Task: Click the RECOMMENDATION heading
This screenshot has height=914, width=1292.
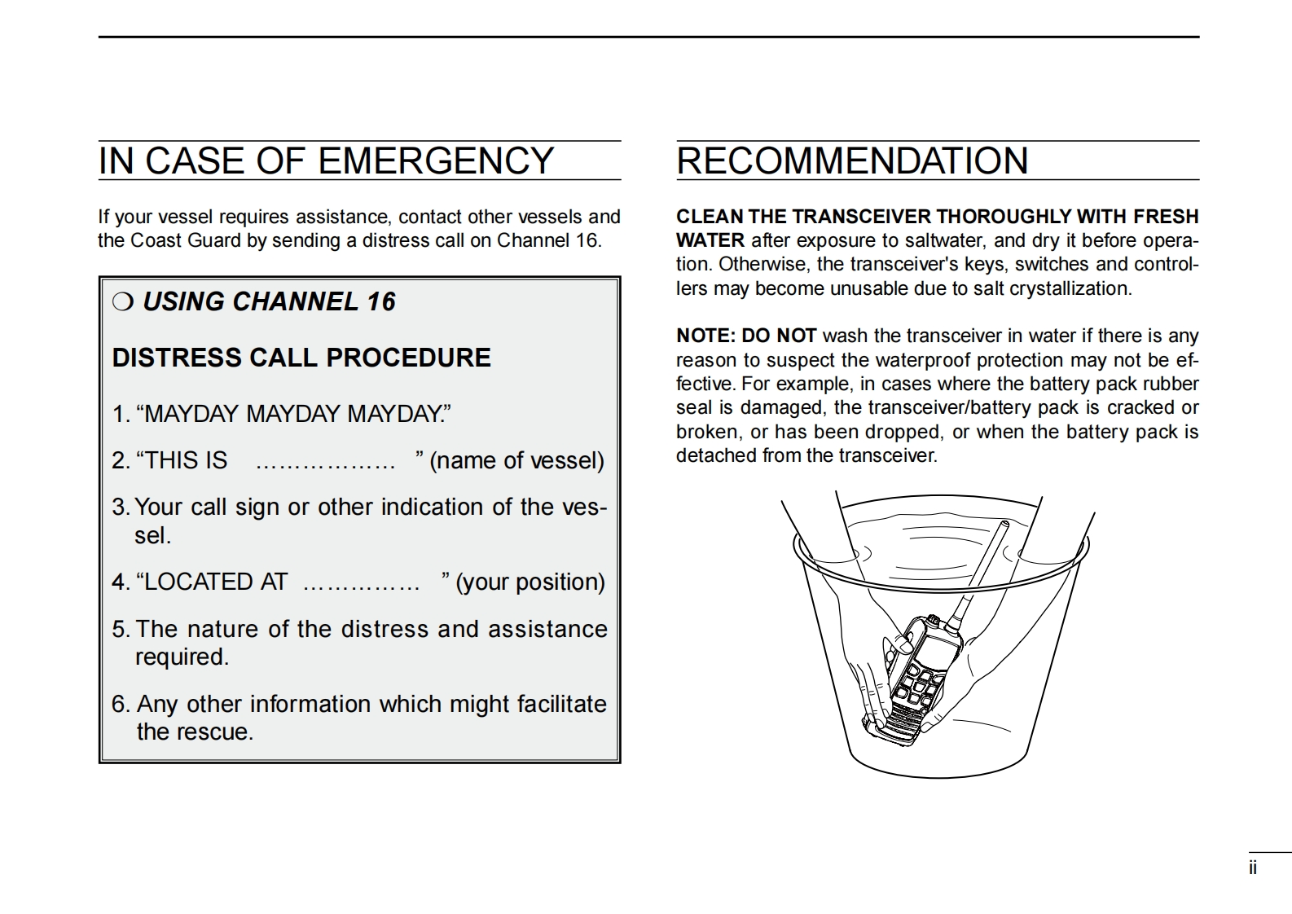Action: pos(852,161)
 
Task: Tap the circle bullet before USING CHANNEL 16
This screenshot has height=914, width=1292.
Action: pos(122,302)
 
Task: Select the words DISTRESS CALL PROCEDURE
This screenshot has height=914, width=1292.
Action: pos(301,358)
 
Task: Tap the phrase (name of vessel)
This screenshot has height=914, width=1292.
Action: pos(517,461)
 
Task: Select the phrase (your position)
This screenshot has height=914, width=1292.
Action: pos(530,582)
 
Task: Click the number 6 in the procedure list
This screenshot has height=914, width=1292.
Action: pos(120,704)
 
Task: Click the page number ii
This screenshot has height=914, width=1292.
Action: pos(1253,868)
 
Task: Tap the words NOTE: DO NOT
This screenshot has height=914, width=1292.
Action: pos(746,336)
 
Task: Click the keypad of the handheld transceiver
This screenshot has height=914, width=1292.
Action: pos(916,684)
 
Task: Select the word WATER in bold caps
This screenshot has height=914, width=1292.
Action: pos(710,240)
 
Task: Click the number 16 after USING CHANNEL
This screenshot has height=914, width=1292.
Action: pos(380,302)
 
